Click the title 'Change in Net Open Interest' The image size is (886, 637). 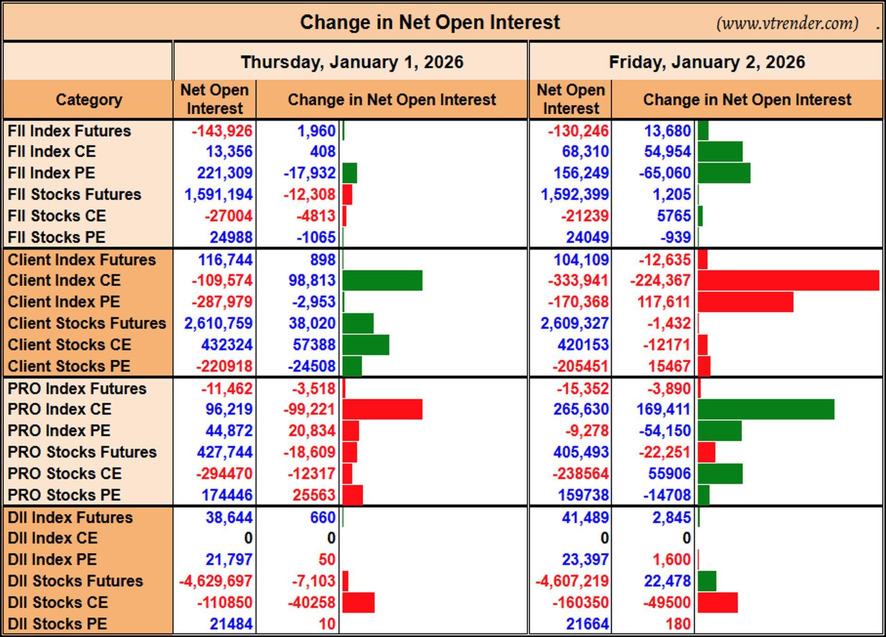click(430, 22)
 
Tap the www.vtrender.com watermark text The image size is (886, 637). click(787, 23)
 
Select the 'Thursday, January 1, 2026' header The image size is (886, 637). click(352, 62)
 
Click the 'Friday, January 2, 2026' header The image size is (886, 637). click(707, 62)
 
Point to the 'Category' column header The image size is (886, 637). click(89, 100)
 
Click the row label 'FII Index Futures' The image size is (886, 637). click(69, 131)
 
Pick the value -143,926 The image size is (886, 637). click(222, 131)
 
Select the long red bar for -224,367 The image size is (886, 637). click(788, 280)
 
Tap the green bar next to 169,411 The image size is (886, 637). click(766, 409)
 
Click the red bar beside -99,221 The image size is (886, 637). click(382, 409)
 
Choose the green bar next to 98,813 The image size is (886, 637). click(382, 280)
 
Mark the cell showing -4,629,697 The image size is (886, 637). click(216, 581)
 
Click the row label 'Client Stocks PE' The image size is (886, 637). click(69, 366)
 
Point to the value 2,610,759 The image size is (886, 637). click(218, 323)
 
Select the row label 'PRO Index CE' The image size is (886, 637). click(60, 409)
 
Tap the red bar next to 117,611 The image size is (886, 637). click(745, 302)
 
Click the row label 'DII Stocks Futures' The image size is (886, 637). click(75, 581)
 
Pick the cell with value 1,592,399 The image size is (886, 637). click(575, 195)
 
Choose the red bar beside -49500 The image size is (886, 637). click(718, 602)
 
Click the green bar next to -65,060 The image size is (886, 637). click(724, 173)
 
